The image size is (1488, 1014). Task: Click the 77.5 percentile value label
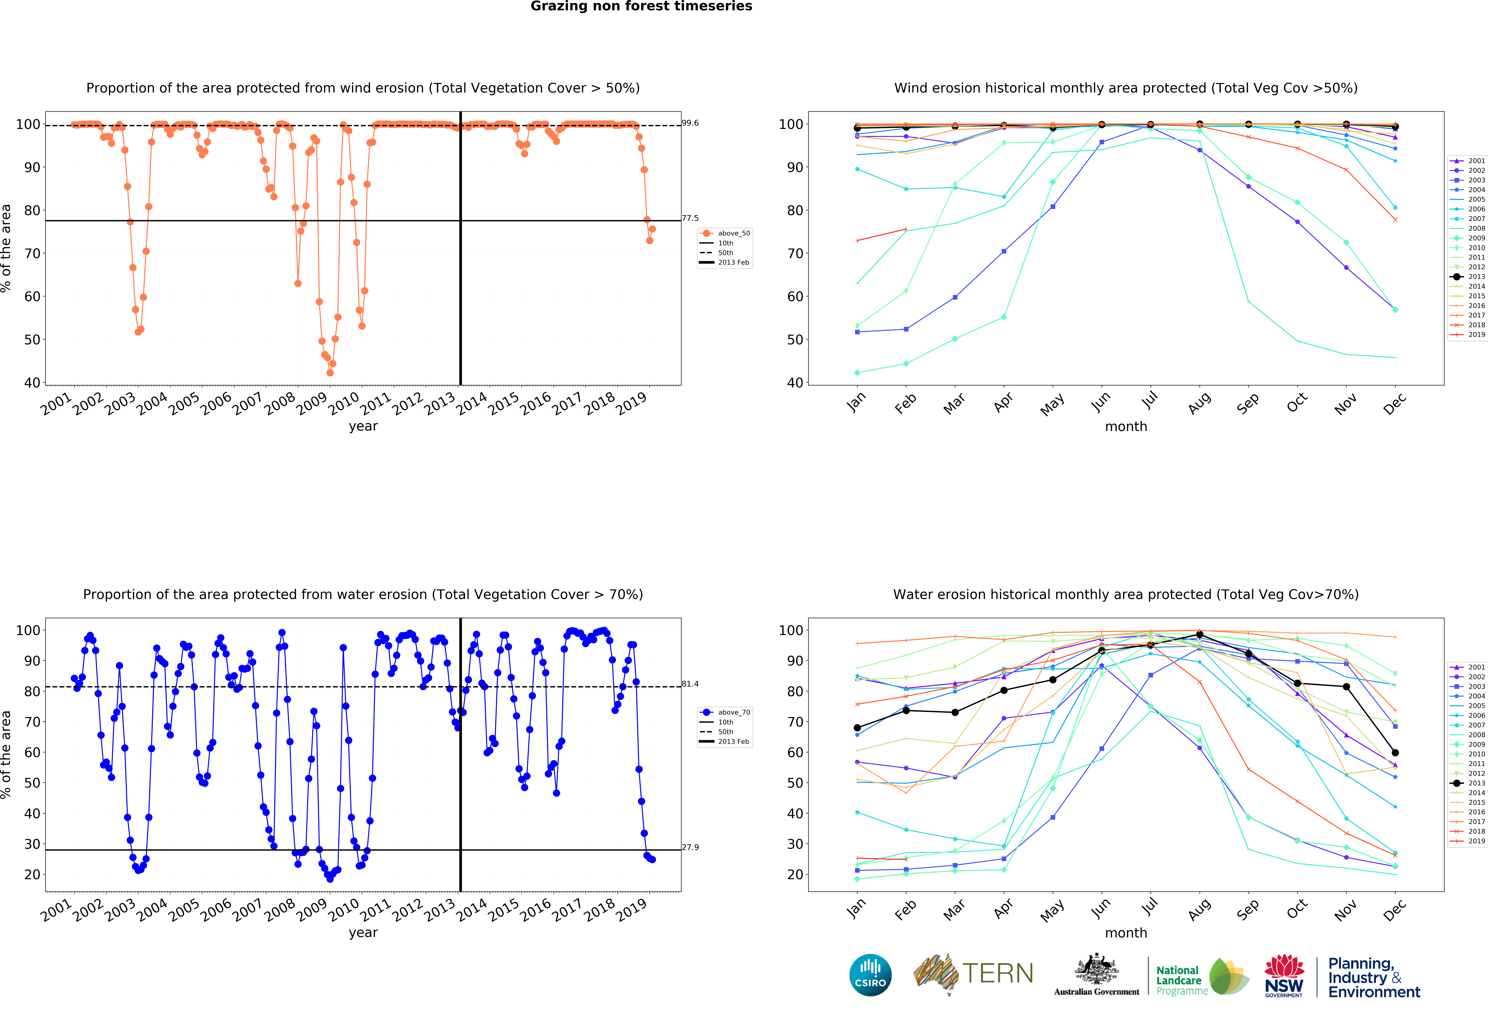pyautogui.click(x=690, y=218)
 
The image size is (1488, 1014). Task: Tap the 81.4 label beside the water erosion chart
pyautogui.click(x=690, y=684)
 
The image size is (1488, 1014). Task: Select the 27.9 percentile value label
pyautogui.click(x=690, y=847)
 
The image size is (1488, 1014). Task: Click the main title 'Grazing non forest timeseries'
pyautogui.click(x=641, y=6)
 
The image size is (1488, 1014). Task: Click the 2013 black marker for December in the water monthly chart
pyautogui.click(x=1395, y=753)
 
